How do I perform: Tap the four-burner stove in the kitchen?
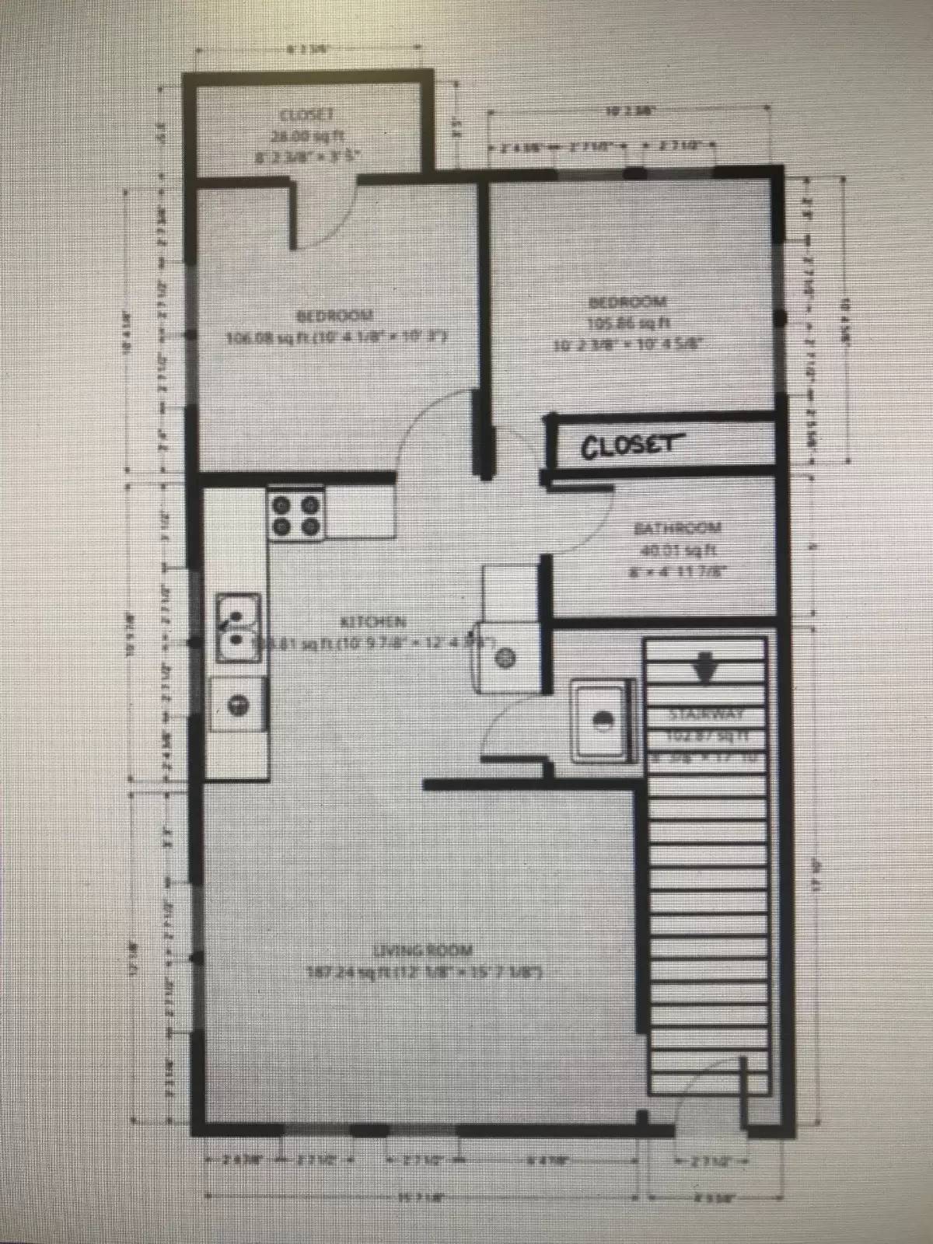(296, 515)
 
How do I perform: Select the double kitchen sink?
(238, 629)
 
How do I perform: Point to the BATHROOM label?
(678, 529)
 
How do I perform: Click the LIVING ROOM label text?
(423, 950)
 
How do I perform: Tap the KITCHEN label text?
(373, 621)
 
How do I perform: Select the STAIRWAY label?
(707, 713)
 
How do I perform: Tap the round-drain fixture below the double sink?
(239, 704)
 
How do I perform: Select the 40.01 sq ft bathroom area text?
(678, 550)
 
